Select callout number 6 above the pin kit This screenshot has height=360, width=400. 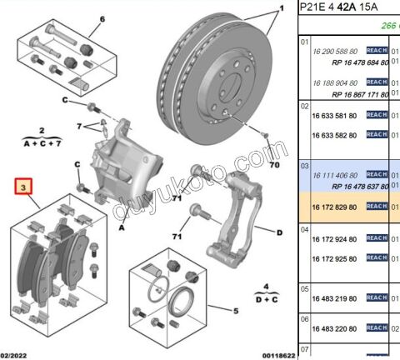click(x=102, y=19)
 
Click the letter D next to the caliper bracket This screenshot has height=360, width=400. click(x=279, y=232)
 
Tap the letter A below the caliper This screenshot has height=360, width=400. click(x=122, y=227)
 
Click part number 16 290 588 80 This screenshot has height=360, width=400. click(x=335, y=51)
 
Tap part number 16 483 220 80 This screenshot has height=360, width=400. click(x=335, y=327)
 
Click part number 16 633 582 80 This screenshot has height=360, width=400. click(x=335, y=134)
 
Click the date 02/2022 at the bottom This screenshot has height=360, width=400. click(x=16, y=354)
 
